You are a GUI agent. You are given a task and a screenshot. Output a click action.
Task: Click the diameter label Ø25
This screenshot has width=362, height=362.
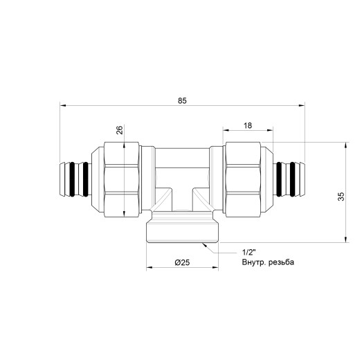pos(182,262)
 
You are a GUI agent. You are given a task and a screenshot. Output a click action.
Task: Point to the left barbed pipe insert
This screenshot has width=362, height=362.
pos(74,179)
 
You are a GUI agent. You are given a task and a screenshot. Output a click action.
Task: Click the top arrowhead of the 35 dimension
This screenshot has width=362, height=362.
pos(344,145)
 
